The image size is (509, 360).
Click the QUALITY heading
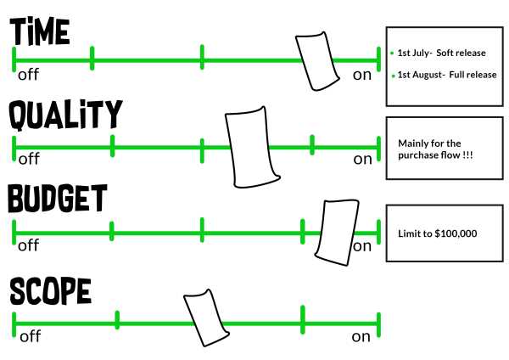click(66, 115)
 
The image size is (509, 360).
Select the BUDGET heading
click(58, 199)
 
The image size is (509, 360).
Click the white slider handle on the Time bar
click(316, 61)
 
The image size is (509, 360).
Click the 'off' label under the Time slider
click(29, 75)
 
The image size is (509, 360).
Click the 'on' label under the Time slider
click(362, 75)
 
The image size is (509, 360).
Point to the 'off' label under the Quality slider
click(29, 159)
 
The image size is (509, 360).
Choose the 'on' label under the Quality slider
click(362, 159)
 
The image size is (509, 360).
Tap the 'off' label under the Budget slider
click(29, 246)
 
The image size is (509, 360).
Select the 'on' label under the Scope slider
click(361, 336)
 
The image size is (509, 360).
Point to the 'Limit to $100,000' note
click(438, 233)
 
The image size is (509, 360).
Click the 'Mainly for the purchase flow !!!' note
click(435, 149)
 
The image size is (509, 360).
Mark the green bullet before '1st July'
click(392, 53)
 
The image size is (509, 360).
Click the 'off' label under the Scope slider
click(30, 336)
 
